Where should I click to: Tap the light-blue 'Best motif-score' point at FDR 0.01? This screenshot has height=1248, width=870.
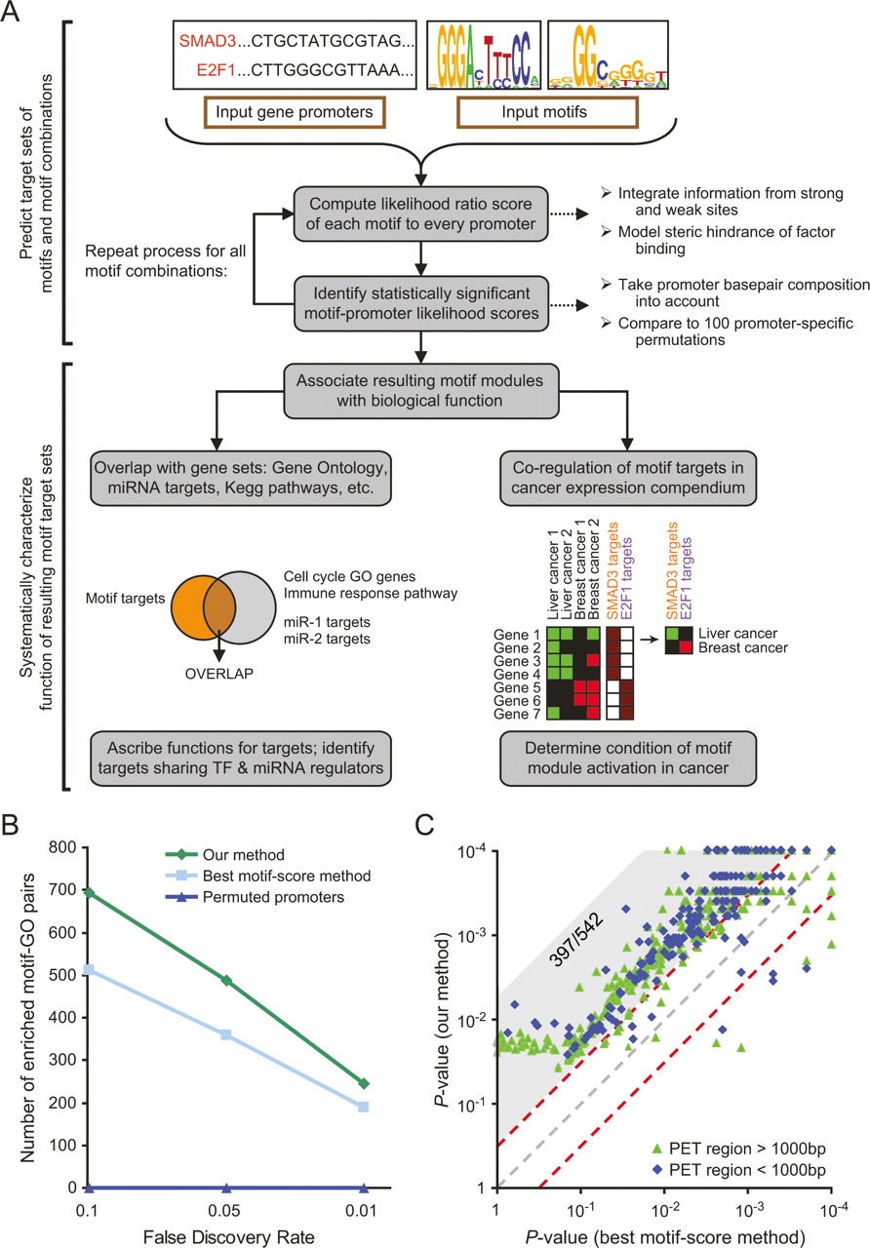coord(364,1107)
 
